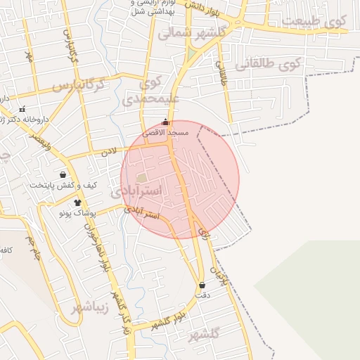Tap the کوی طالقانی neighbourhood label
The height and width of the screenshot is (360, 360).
pos(288,65)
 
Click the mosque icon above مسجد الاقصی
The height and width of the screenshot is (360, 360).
pos(166,122)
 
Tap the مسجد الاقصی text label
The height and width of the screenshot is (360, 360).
pos(166,132)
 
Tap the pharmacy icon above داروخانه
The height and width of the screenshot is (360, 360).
pos(22,109)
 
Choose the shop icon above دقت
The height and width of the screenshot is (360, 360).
pos(203,285)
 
